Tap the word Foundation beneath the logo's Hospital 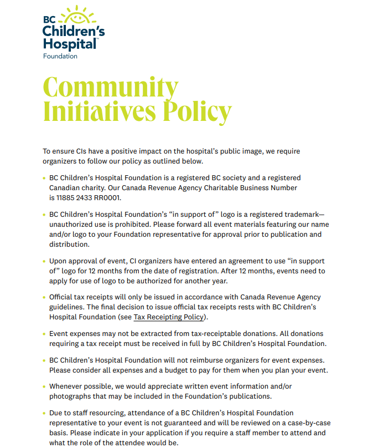click(60, 56)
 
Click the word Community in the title click(111, 88)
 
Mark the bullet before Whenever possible click(44, 386)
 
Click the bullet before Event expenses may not click(44, 334)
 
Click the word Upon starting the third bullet click(58, 261)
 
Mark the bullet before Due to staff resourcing click(44, 413)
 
